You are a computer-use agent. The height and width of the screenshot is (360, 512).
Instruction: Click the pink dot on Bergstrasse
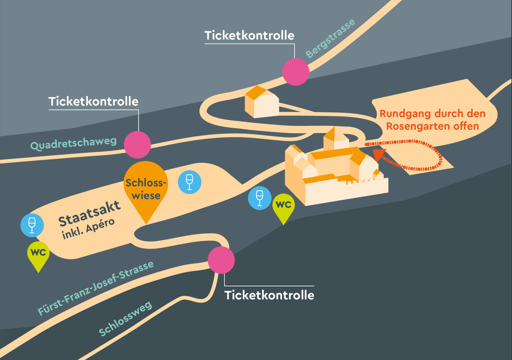click(x=295, y=72)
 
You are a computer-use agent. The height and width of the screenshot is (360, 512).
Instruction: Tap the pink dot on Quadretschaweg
click(x=137, y=145)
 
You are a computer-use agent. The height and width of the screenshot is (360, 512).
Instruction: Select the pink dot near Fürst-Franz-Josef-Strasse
click(x=221, y=260)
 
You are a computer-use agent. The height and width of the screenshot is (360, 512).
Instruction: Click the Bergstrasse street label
click(x=330, y=38)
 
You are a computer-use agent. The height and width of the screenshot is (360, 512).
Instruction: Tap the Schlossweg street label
click(x=125, y=319)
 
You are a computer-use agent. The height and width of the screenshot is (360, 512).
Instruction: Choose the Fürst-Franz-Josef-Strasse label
click(x=96, y=288)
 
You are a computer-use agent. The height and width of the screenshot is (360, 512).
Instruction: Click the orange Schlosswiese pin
click(x=146, y=188)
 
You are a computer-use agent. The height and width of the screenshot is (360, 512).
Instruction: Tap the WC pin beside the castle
click(x=283, y=207)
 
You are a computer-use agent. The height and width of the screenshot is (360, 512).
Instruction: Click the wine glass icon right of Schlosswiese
click(x=189, y=182)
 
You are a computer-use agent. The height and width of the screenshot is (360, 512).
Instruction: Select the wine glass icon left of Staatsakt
click(x=32, y=225)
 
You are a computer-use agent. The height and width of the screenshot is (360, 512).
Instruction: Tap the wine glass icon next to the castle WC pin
click(x=259, y=198)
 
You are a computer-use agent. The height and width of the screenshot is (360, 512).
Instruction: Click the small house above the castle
click(x=262, y=102)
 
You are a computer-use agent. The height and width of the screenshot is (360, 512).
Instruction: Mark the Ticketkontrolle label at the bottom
click(x=269, y=295)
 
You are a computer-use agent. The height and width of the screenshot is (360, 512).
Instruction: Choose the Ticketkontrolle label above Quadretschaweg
click(x=93, y=102)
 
